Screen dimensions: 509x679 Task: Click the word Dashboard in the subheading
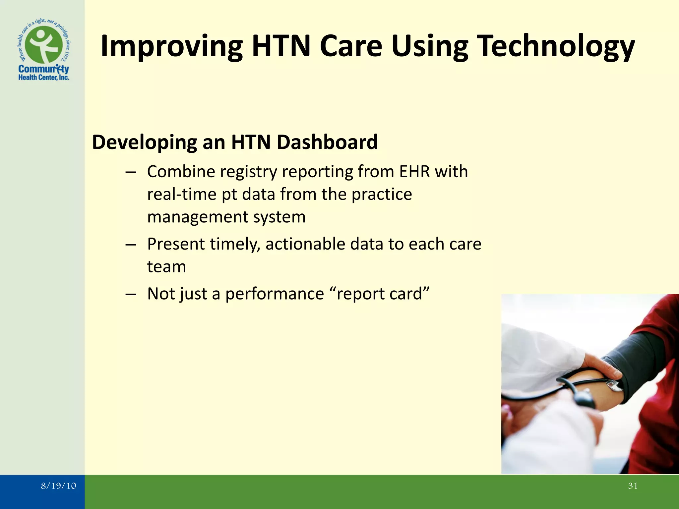tap(327, 142)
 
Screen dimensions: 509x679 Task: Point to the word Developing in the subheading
tap(144, 142)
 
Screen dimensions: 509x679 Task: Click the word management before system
tap(198, 217)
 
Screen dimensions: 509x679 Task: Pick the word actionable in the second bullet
tap(305, 244)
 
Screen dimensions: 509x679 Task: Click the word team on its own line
tap(166, 266)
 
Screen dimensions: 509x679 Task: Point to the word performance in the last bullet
tap(275, 294)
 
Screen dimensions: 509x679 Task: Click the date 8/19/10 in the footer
tap(58, 486)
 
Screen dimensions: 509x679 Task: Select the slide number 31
tap(633, 486)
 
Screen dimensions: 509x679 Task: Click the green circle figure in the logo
tap(44, 45)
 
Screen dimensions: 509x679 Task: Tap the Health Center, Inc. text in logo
tap(44, 78)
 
